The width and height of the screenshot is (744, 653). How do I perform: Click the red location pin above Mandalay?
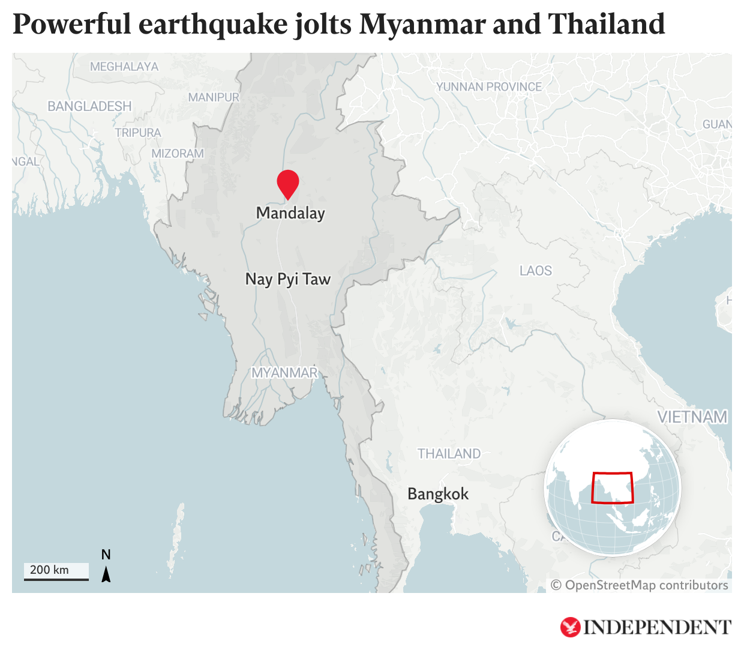click(x=288, y=182)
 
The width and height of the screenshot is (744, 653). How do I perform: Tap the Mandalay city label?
click(x=290, y=213)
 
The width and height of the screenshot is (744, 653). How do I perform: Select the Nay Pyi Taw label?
click(x=288, y=279)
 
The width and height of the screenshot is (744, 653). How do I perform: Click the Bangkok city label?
click(x=438, y=494)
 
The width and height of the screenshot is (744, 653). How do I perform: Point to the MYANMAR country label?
click(x=284, y=373)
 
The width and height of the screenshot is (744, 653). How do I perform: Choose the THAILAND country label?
click(x=449, y=454)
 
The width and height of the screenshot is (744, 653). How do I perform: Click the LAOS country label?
click(x=536, y=271)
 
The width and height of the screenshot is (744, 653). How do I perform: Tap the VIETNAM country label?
click(x=692, y=417)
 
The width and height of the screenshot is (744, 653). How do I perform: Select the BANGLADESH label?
click(x=89, y=106)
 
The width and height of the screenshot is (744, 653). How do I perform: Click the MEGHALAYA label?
click(x=124, y=67)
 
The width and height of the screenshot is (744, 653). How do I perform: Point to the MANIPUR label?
click(x=214, y=97)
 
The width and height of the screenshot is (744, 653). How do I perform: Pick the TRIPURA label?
click(x=138, y=133)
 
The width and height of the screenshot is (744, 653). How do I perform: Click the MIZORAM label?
click(x=178, y=154)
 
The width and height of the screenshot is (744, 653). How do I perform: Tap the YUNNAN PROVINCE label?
click(x=489, y=87)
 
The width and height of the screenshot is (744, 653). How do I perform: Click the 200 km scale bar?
click(x=56, y=571)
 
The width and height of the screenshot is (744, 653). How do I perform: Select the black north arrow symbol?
click(x=106, y=575)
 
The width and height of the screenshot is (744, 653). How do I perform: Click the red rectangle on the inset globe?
click(x=612, y=487)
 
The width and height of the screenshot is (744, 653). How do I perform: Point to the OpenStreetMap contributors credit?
click(x=640, y=585)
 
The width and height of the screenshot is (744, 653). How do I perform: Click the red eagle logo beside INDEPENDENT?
click(x=570, y=627)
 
